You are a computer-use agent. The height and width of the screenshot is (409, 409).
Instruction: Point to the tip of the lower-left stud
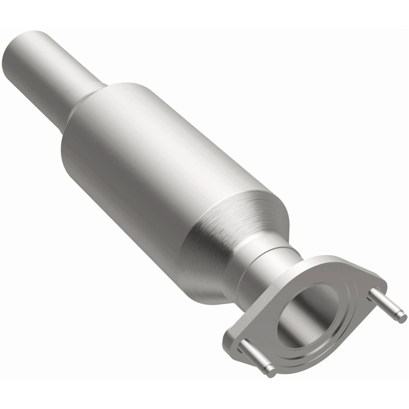[x=271, y=362]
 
